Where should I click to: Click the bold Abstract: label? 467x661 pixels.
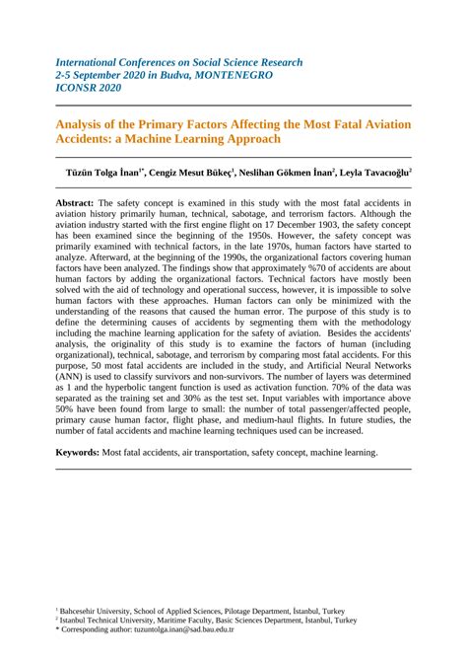[82, 200]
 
